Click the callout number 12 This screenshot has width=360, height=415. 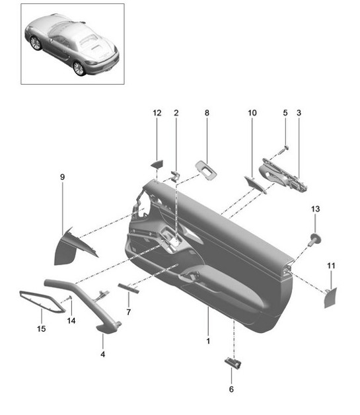157,113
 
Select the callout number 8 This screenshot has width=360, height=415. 206,113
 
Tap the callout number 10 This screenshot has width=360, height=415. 252,113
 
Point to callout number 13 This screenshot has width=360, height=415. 315,209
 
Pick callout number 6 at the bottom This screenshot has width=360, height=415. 231,389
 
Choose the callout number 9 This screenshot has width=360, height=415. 62,177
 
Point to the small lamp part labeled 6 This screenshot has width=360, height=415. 231,361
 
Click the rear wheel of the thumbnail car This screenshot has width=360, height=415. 79,68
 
